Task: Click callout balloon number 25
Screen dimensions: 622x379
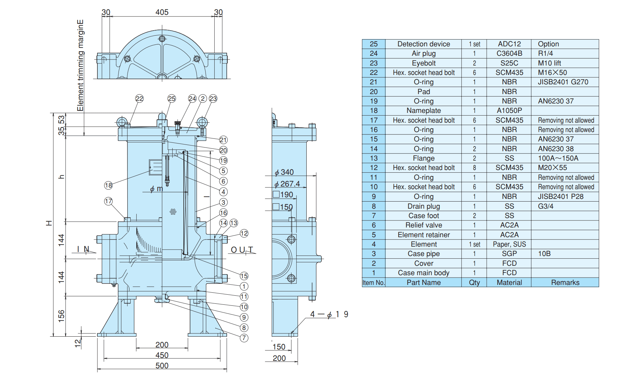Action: tap(172, 98)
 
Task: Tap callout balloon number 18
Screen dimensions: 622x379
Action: tap(108, 185)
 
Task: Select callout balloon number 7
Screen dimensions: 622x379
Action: tap(244, 338)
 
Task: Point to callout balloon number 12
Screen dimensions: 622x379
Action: tap(244, 233)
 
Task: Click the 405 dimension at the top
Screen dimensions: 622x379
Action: tap(162, 12)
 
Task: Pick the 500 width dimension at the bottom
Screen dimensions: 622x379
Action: tap(162, 366)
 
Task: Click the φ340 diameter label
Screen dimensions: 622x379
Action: tap(284, 172)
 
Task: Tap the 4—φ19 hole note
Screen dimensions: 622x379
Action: tap(329, 314)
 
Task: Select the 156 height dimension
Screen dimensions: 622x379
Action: tap(61, 316)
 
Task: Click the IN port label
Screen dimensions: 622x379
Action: tap(83, 249)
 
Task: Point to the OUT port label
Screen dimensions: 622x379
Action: tap(242, 250)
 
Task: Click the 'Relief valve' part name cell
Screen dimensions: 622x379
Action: tap(424, 225)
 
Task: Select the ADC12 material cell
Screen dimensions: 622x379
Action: tap(509, 44)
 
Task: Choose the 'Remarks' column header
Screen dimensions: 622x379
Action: tap(565, 283)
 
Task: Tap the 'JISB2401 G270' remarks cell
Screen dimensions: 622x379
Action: tap(563, 82)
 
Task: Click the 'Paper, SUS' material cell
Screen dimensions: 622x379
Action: tap(509, 244)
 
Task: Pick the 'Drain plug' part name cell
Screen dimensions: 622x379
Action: tap(424, 206)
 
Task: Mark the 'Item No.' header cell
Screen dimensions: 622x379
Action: tap(373, 283)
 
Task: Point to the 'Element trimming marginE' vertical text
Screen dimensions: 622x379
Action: tap(80, 65)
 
